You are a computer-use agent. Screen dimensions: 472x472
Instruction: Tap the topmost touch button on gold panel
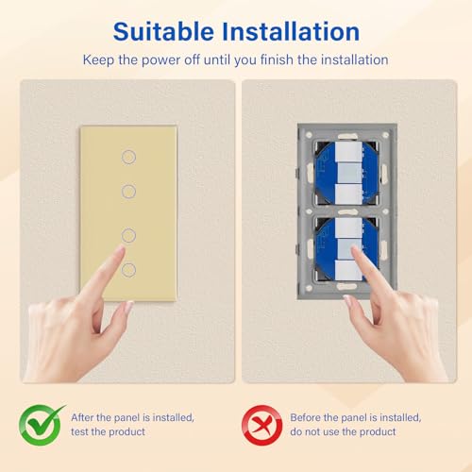click(x=128, y=156)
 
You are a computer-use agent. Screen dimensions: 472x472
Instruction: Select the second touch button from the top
click(x=128, y=192)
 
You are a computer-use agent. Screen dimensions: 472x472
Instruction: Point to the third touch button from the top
click(x=128, y=234)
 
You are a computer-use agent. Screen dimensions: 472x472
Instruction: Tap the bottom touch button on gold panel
click(x=128, y=271)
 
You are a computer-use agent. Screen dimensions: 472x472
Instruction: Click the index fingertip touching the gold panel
click(x=120, y=252)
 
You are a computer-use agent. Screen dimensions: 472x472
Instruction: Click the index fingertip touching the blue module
click(x=356, y=253)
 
